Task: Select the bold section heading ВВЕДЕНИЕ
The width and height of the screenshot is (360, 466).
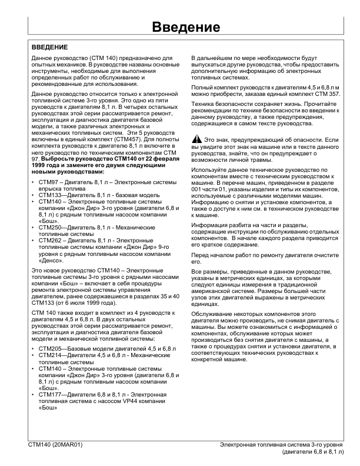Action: pos(49,46)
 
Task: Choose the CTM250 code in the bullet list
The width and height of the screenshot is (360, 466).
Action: pos(49,227)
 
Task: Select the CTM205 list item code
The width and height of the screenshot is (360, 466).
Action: pos(49,349)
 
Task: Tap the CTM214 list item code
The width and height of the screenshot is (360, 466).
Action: pos(49,356)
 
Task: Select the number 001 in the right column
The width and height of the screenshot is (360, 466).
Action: pos(198,189)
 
